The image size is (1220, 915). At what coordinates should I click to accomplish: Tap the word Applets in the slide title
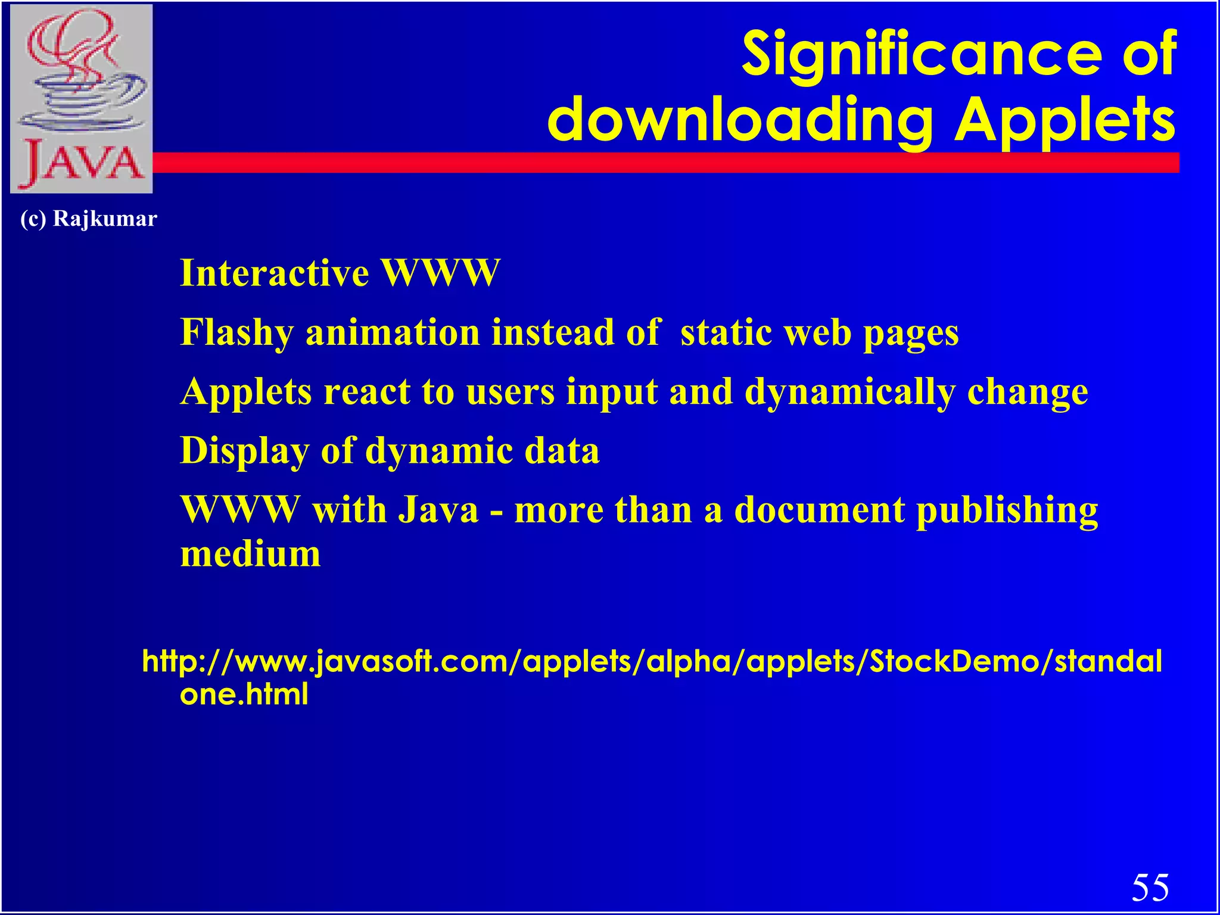(x=1065, y=120)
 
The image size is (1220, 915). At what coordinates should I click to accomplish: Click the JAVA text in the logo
(x=82, y=163)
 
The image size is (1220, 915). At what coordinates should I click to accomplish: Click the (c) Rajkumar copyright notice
(x=89, y=219)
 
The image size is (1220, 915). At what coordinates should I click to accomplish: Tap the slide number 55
(x=1150, y=888)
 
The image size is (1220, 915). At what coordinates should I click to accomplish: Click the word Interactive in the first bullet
(x=275, y=273)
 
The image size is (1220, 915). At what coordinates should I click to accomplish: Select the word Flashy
(x=237, y=332)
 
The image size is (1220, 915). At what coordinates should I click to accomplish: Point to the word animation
(x=393, y=332)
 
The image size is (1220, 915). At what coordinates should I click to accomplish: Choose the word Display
(x=244, y=451)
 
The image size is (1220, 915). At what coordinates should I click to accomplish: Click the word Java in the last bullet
(x=438, y=511)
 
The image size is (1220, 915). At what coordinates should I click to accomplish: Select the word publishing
(x=1007, y=511)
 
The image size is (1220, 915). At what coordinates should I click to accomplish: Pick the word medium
(x=250, y=554)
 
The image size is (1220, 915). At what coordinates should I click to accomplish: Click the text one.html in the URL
(x=244, y=694)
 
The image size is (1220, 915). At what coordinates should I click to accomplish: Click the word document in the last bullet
(x=819, y=511)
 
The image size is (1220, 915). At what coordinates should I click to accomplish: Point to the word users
(x=511, y=392)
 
